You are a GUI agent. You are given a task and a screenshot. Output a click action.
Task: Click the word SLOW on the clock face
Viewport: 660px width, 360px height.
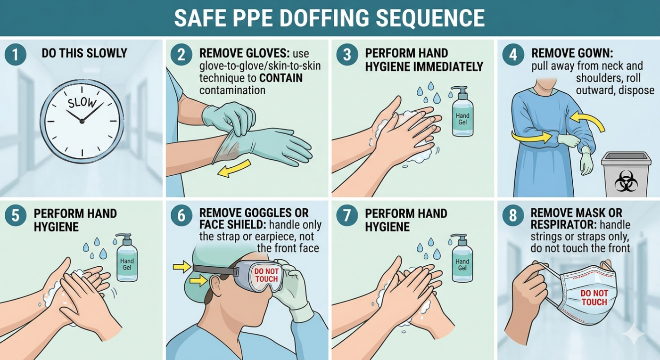[82, 103]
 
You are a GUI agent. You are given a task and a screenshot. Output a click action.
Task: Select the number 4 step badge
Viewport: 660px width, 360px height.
[512, 54]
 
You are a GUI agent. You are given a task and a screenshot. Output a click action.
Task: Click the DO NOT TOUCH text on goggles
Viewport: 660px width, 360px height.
[266, 276]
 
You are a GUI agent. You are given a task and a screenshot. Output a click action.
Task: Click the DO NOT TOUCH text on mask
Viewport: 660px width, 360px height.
[594, 297]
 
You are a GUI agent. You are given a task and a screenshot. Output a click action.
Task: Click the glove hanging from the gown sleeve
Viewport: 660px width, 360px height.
[586, 160]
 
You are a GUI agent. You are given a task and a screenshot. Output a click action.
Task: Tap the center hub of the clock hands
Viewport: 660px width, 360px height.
[82, 121]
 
